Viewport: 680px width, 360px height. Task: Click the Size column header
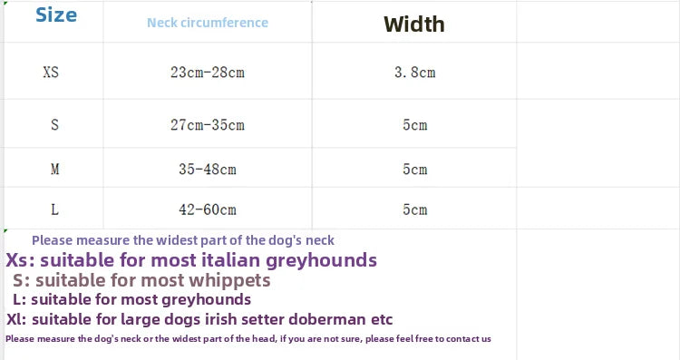click(x=56, y=15)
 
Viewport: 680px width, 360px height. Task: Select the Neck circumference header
click(x=208, y=23)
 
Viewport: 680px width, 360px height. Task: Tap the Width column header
click(x=414, y=24)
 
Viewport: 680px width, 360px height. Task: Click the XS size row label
click(x=51, y=72)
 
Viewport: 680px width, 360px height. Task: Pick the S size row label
click(x=54, y=125)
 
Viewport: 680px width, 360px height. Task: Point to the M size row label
click(x=54, y=169)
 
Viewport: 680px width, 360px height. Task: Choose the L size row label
click(x=54, y=210)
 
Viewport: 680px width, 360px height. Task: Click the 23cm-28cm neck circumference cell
click(x=208, y=72)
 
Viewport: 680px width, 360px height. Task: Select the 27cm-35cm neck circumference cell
click(x=208, y=125)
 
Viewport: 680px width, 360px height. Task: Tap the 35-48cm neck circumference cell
click(x=208, y=169)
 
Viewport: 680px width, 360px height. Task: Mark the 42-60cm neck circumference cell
click(x=208, y=210)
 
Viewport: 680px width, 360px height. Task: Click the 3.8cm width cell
click(x=415, y=72)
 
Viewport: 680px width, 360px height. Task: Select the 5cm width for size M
click(x=415, y=169)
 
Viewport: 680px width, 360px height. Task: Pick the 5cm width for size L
click(x=415, y=210)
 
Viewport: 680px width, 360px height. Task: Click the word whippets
click(x=230, y=280)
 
